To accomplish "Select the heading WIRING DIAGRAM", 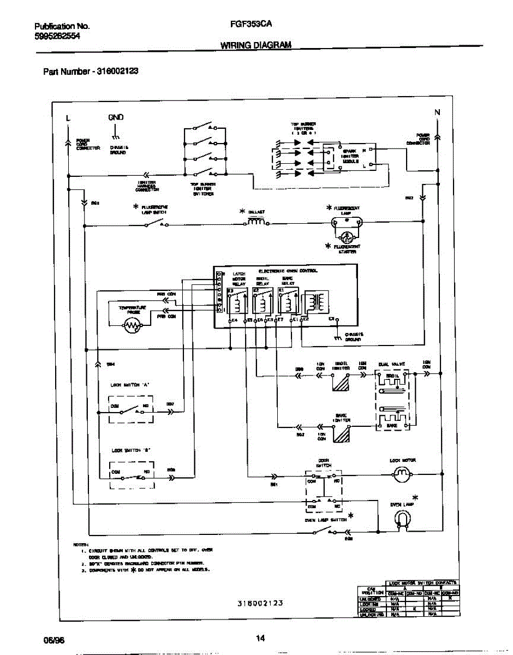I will click(255, 45).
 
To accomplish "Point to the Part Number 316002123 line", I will click(86, 72).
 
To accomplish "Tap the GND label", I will click(115, 117).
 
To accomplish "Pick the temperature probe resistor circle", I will click(132, 326).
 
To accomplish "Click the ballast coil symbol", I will click(256, 222).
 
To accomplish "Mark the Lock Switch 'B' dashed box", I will click(131, 474).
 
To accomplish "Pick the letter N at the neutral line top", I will click(437, 112).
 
